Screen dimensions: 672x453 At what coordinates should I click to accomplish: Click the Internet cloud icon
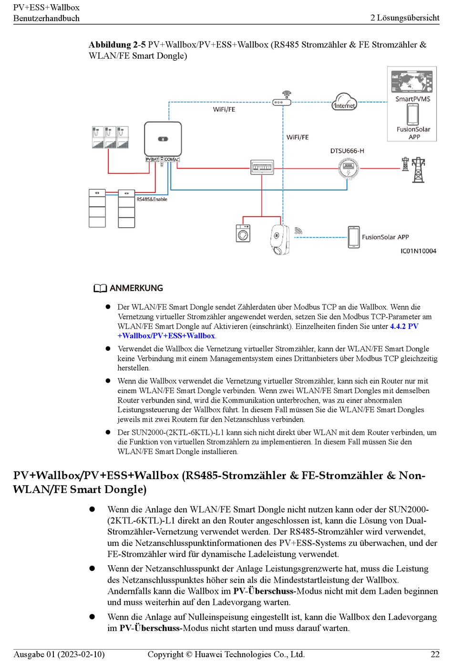click(x=344, y=102)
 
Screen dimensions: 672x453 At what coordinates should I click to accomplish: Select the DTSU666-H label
click(x=347, y=151)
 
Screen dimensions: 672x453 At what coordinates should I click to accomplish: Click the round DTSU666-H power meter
click(x=348, y=168)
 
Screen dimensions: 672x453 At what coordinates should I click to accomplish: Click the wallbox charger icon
click(x=279, y=239)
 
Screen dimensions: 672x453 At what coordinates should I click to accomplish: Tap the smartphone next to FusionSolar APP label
click(x=353, y=237)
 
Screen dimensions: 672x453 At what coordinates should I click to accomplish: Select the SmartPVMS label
click(x=412, y=99)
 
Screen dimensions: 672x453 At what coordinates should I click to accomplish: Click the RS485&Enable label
click(x=152, y=199)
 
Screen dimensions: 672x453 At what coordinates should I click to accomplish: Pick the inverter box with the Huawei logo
click(x=163, y=138)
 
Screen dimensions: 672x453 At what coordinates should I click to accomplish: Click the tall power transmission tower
click(x=418, y=170)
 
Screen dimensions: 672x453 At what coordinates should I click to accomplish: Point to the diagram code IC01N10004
click(x=418, y=251)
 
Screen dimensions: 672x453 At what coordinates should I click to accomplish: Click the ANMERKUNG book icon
click(x=100, y=288)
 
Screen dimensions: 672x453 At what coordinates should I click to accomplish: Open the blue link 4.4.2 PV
click(x=404, y=326)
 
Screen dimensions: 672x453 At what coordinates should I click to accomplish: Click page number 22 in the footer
click(x=435, y=654)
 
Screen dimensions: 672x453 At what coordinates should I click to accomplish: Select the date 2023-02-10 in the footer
click(x=80, y=654)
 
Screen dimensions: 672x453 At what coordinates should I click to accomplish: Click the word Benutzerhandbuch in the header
click(x=46, y=18)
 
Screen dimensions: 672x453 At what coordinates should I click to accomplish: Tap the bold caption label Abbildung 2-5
click(x=117, y=45)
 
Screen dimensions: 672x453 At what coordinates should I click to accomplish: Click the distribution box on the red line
click(x=262, y=168)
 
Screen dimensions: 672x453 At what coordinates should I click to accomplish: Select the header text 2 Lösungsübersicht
click(x=405, y=18)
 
